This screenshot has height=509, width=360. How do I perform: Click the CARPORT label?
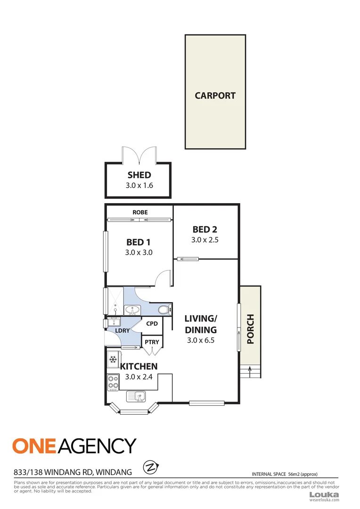[215, 96]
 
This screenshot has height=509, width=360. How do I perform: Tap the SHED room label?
[139, 175]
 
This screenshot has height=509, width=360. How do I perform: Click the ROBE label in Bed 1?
[139, 213]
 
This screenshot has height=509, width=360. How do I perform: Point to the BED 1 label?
[139, 242]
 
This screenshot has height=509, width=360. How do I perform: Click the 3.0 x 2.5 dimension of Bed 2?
[205, 240]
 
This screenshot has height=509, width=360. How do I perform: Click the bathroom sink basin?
[132, 310]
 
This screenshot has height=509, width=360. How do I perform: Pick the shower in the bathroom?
[115, 301]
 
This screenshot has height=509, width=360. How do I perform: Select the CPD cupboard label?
[152, 324]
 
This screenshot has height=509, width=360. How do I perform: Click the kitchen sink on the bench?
[139, 396]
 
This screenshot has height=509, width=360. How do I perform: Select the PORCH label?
[250, 329]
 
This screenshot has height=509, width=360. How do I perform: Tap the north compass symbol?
[151, 468]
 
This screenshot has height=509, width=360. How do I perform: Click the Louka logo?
[324, 494]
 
